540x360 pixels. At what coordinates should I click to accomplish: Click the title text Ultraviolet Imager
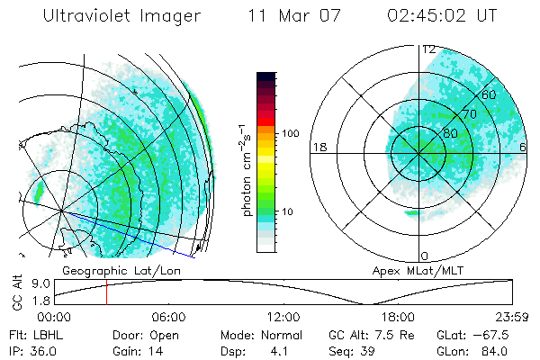122,16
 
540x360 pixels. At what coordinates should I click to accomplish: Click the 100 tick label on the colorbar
291,133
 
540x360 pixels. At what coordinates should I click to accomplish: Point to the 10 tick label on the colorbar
287,212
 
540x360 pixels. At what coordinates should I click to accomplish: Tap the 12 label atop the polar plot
429,49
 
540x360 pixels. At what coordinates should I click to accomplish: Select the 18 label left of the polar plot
318,147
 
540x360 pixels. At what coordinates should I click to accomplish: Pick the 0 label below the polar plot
424,256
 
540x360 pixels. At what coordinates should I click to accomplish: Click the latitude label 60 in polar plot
490,94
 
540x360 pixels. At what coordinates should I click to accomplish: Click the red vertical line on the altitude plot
106,292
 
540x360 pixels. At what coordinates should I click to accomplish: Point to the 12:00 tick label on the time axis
283,317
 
